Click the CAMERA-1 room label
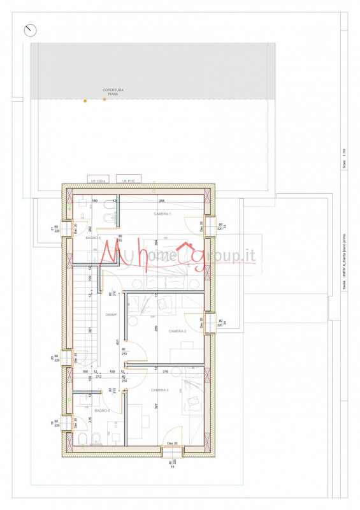[162, 214]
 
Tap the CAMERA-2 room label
[177, 331]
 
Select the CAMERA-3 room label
[160, 390]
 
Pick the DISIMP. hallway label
[111, 314]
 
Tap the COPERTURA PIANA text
[113, 92]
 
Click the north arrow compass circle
[30, 30]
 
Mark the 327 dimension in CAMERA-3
[155, 405]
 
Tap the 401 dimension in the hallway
[117, 342]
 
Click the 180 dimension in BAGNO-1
[94, 201]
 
